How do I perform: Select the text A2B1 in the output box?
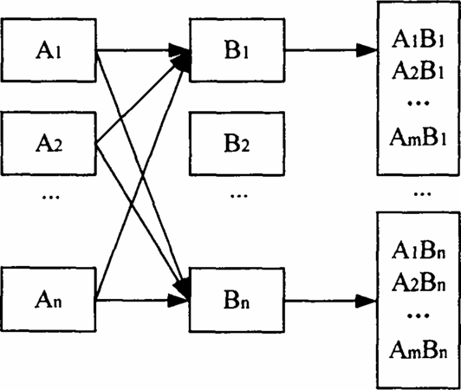418,71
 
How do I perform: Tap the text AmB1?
418,137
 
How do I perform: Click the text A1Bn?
419,251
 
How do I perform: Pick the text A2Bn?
419,283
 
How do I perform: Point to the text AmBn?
419,350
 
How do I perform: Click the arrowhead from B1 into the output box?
367,50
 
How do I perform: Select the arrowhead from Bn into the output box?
366,301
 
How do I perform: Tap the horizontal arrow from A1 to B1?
143,50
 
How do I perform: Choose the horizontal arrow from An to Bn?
142,300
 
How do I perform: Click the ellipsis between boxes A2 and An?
51,197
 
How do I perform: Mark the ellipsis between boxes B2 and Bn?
239,196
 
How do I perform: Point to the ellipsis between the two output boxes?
423,194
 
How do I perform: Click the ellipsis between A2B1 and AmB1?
419,103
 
